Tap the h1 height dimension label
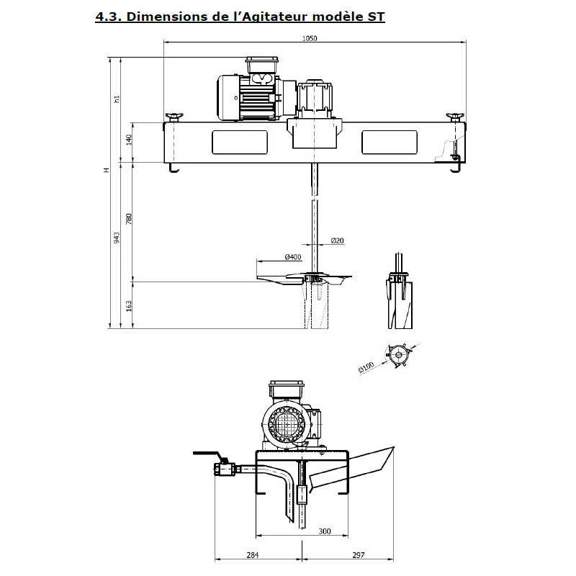(x=117, y=99)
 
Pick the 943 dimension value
(x=117, y=238)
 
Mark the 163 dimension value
(x=129, y=305)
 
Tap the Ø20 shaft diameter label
(x=338, y=240)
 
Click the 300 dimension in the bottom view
(x=324, y=531)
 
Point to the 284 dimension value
(x=252, y=554)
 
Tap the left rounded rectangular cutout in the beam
(x=240, y=142)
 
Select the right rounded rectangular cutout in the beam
(x=390, y=142)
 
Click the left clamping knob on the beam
(x=174, y=117)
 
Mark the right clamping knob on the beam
(x=454, y=117)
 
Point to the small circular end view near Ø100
(x=397, y=355)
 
